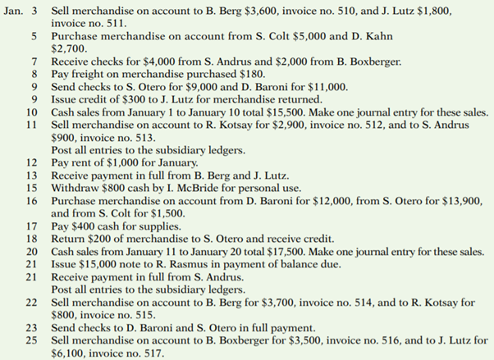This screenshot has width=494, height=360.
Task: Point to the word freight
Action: (87, 74)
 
